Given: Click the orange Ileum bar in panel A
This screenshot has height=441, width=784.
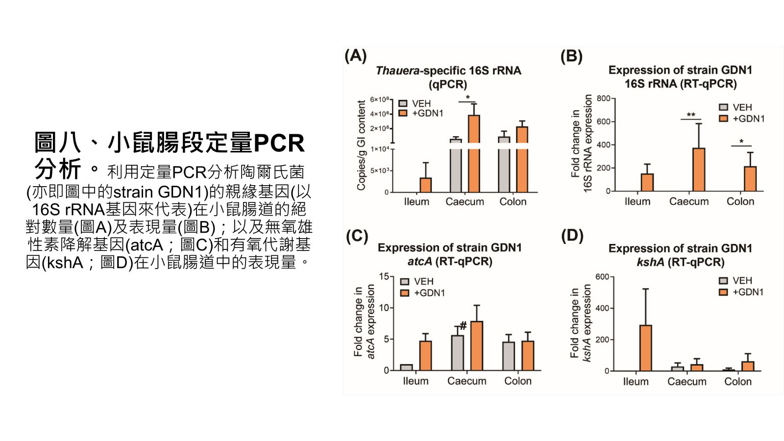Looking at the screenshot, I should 425,185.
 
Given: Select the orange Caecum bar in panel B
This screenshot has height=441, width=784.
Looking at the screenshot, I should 698,170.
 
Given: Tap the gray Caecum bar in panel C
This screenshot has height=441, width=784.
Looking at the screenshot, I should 457,353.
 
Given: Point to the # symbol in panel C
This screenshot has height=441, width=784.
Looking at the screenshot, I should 463,326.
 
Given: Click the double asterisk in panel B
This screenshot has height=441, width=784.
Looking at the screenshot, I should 691,115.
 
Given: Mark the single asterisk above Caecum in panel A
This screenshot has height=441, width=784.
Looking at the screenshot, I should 467,98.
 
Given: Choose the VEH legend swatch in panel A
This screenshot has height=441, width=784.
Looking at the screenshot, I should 403,103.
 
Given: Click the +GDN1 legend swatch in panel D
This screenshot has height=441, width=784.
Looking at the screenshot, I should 723,292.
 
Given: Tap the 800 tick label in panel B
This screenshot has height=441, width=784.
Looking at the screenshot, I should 603,98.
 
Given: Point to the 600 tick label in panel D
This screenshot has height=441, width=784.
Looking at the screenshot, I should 602,277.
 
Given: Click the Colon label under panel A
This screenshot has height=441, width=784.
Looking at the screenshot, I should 513,202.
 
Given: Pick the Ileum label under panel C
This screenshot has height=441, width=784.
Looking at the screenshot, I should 416,381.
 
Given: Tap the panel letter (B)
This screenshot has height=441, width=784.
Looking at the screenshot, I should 571,57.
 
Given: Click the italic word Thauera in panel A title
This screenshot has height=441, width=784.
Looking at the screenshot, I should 397,71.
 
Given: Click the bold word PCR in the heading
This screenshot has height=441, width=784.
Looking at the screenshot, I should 279,144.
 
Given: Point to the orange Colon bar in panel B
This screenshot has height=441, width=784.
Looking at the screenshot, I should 750,179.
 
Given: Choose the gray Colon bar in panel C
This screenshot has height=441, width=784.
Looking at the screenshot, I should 509,356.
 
